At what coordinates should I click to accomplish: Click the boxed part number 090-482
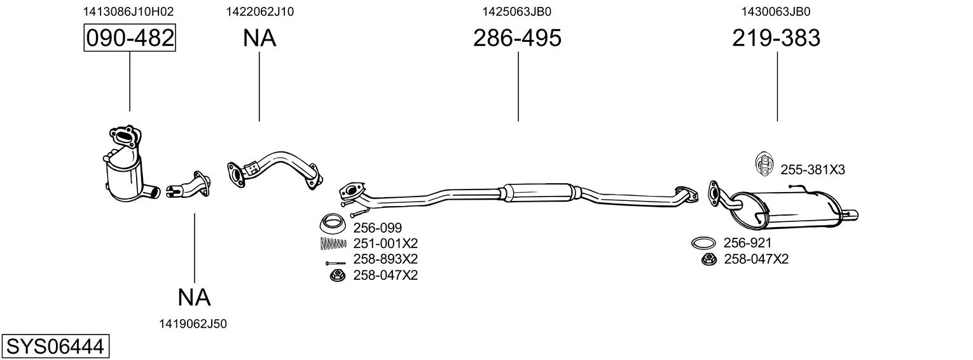130,38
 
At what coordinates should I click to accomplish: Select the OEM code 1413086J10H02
128,11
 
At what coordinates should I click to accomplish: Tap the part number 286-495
517,38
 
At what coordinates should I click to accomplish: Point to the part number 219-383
776,38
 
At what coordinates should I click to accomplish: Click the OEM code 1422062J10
259,11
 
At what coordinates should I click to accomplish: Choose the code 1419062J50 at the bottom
193,324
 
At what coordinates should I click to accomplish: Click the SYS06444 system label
55,347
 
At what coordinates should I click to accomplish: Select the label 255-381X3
813,170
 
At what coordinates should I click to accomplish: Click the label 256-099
378,228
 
